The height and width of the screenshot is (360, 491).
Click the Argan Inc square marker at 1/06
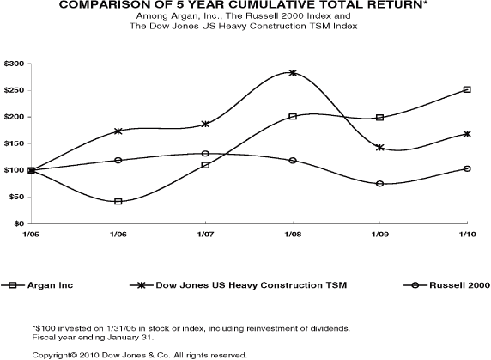coord(118,201)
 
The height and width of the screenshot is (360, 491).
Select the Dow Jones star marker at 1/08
coord(293,73)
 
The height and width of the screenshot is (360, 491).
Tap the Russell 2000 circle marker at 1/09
coord(379,184)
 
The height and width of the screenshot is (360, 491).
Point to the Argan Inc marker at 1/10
coord(467,89)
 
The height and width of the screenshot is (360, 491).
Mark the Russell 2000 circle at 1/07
coord(205,154)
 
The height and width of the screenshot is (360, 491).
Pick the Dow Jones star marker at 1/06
coord(118,131)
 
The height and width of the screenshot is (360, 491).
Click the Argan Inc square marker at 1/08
coord(293,117)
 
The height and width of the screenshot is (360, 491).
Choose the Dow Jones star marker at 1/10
coord(467,134)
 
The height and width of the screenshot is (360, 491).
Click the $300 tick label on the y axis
coord(14,64)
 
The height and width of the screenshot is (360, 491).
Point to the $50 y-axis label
coord(16,197)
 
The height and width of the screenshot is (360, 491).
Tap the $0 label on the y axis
coord(19,223)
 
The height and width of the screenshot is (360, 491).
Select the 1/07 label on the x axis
coord(205,235)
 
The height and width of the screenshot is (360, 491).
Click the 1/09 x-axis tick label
coord(379,235)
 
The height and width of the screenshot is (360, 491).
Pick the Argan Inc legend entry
coord(37,285)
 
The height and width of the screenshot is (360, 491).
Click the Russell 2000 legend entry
coord(447,285)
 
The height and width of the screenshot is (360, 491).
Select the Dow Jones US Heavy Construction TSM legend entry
coord(239,285)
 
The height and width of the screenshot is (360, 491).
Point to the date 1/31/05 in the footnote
coord(126,329)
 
